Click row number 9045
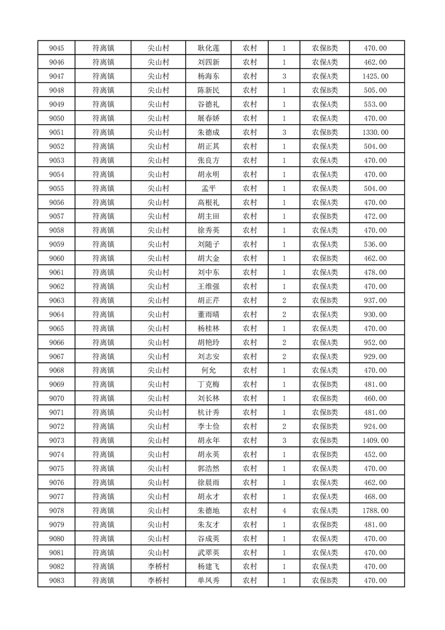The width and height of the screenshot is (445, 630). click(56, 48)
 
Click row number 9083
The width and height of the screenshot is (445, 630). click(56, 581)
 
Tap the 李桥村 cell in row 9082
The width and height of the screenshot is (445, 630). click(158, 567)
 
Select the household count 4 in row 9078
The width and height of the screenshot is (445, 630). click(285, 511)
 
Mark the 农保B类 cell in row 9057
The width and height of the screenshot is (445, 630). click(325, 216)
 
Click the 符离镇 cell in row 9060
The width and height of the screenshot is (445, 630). click(103, 258)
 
